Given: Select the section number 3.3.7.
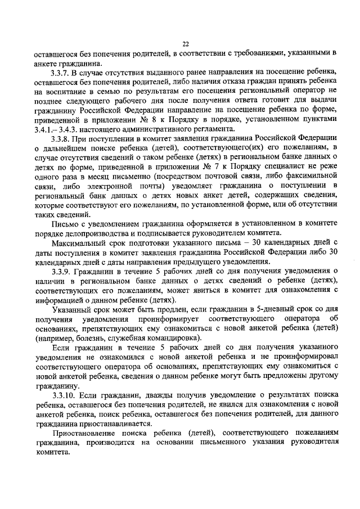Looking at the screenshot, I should point(61,73).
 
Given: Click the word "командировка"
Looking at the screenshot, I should point(172,339).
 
